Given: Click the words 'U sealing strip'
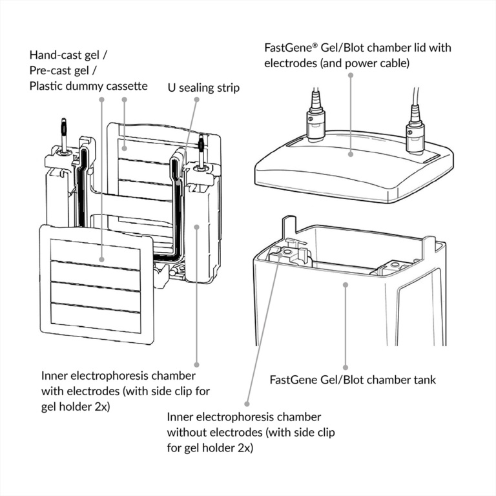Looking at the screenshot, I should click(x=203, y=87).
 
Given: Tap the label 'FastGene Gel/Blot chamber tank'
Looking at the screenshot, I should click(x=353, y=379).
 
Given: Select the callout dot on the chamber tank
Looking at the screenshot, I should click(x=346, y=284).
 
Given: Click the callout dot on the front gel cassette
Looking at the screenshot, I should click(x=102, y=260).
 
